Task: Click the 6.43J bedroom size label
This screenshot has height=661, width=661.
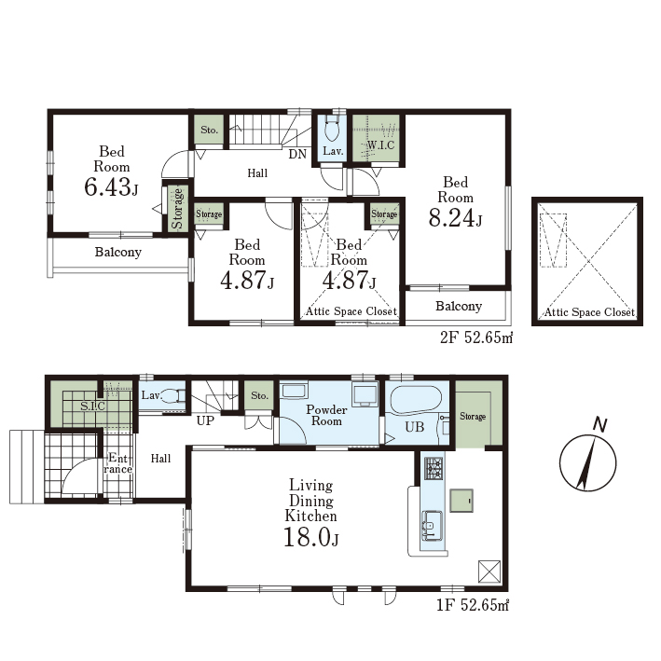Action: [x=111, y=186]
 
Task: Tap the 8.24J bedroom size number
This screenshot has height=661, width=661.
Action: [x=455, y=218]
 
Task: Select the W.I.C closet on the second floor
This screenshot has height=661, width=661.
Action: [x=376, y=138]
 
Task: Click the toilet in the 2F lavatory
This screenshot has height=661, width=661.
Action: [x=333, y=129]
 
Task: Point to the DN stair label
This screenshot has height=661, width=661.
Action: [x=297, y=154]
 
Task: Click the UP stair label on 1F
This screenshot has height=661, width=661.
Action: [x=205, y=420]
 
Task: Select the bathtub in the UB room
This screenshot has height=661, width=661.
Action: [x=416, y=400]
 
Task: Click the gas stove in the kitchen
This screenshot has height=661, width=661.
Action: [x=434, y=468]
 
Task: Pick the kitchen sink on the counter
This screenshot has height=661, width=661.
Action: [x=433, y=525]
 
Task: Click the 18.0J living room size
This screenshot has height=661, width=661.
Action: [x=311, y=538]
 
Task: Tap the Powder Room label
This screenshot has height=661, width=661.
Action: [x=326, y=415]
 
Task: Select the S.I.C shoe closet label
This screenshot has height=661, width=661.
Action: [x=92, y=406]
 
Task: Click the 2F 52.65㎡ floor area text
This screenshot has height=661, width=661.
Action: [x=476, y=337]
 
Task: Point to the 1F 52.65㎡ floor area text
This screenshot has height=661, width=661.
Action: [x=473, y=605]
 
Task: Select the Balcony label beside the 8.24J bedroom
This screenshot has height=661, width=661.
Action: [x=459, y=306]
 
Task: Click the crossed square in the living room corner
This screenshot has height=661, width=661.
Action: [x=489, y=571]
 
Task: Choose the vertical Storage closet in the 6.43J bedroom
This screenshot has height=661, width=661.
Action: [x=178, y=208]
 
